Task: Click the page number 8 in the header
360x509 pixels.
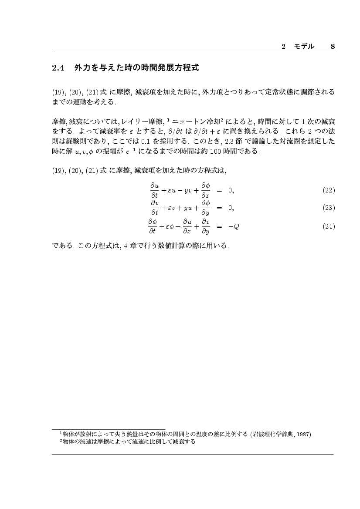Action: [x=333, y=46]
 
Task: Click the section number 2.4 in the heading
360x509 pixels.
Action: [x=58, y=68]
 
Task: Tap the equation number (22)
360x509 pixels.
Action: [x=329, y=190]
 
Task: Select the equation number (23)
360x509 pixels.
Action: [x=329, y=208]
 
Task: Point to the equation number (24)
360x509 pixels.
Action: [x=329, y=226]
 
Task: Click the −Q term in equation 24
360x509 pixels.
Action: [x=234, y=226]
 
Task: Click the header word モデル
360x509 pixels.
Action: [x=304, y=46]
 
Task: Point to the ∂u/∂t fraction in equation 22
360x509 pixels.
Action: [x=154, y=190]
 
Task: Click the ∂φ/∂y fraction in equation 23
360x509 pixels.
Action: [x=205, y=208]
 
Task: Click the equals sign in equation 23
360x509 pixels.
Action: [x=219, y=208]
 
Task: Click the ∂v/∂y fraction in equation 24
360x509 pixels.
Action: [x=205, y=226]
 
